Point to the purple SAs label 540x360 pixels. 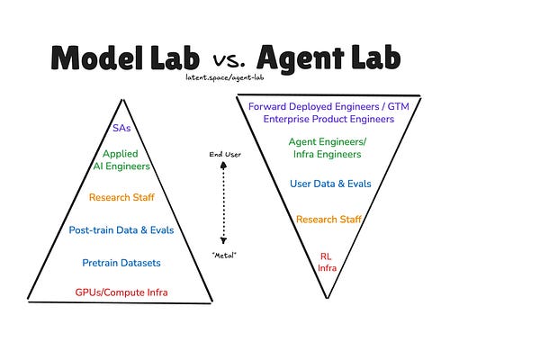tap(120, 130)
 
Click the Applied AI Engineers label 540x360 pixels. tap(120, 160)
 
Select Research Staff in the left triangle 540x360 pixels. tap(120, 196)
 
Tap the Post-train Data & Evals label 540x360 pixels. tap(120, 230)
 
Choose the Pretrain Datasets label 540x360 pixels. tap(120, 263)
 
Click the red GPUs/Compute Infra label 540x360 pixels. tap(120, 292)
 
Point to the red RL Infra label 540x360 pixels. tap(326, 262)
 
